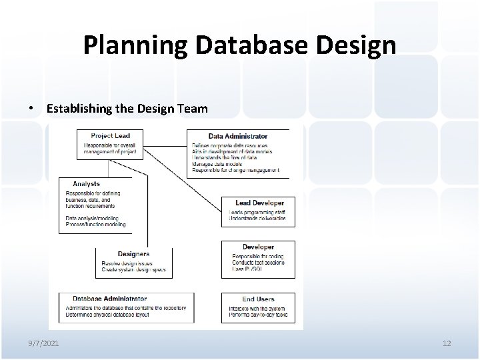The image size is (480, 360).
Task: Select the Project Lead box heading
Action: [111, 136]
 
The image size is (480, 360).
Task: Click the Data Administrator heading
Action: [238, 137]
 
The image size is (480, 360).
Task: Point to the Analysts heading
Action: [87, 184]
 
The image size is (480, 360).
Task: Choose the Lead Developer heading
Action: [259, 203]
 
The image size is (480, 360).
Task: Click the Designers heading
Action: [133, 254]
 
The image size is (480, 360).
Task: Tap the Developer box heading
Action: [258, 247]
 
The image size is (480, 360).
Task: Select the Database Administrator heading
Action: [109, 299]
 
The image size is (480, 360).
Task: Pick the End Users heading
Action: [258, 299]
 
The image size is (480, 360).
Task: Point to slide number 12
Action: [447, 343]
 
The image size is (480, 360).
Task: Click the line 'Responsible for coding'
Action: [257, 256]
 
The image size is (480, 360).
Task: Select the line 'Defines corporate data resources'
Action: [229, 145]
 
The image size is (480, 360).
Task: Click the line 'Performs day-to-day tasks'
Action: [257, 314]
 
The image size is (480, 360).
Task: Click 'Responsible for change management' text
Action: [235, 171]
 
